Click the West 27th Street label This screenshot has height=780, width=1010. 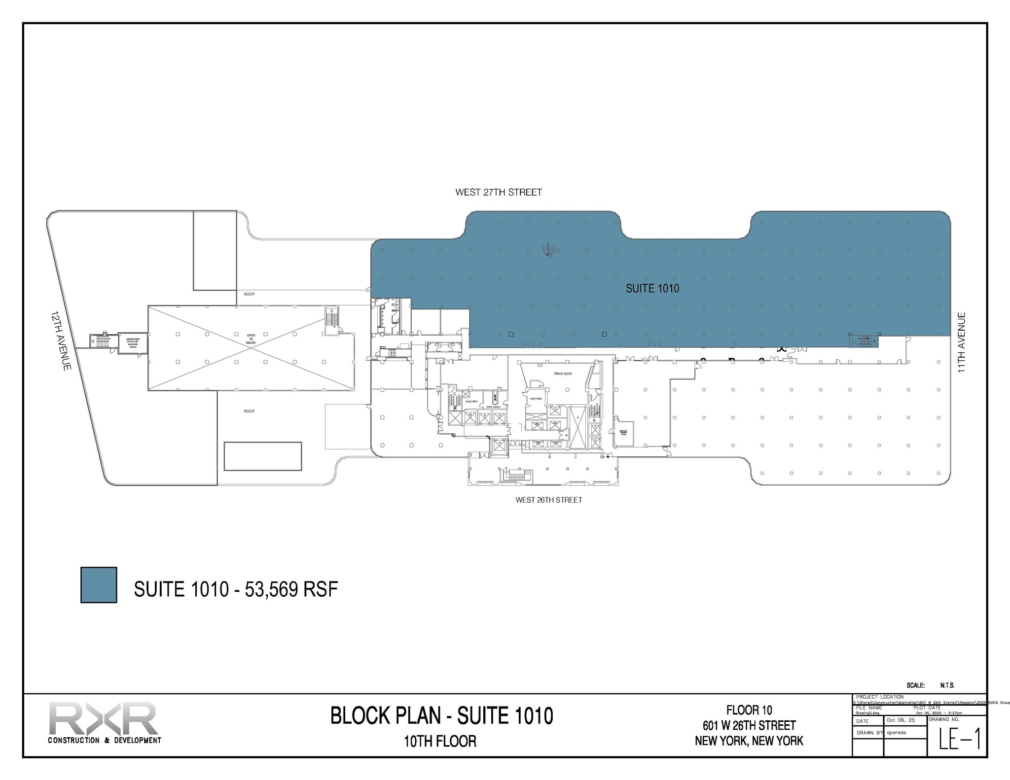(499, 192)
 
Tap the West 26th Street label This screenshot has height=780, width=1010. (548, 500)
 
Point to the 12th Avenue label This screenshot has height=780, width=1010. (63, 340)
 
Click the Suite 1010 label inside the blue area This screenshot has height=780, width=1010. (652, 288)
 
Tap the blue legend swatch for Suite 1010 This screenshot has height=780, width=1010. (99, 585)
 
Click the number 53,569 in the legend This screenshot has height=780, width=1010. (271, 589)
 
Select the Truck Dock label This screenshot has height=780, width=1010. (563, 373)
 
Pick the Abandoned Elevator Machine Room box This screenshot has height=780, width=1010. (133, 342)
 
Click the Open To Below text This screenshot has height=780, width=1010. (251, 339)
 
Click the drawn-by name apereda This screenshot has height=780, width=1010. (896, 733)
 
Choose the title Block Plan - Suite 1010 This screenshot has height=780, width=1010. (441, 715)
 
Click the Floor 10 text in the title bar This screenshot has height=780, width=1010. (749, 710)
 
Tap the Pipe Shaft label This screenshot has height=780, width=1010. (494, 407)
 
